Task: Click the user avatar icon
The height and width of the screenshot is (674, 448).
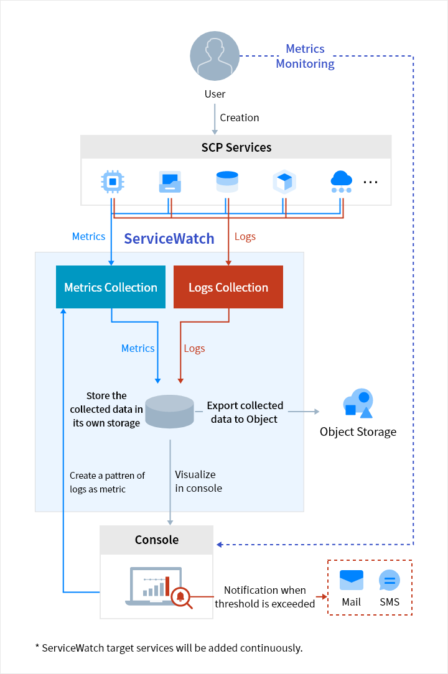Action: click(215, 56)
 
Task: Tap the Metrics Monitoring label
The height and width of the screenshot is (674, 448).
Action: click(305, 56)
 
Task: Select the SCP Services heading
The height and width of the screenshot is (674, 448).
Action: click(236, 147)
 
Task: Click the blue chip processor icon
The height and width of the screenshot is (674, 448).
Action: click(113, 182)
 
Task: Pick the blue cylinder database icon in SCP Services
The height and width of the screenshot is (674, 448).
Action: click(227, 182)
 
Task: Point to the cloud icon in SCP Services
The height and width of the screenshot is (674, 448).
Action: click(342, 181)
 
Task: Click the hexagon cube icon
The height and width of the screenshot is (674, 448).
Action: click(284, 182)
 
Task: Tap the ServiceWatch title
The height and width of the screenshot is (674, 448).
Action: click(169, 239)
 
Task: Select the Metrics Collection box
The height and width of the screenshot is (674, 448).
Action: click(111, 287)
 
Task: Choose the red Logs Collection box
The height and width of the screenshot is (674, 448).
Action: click(228, 287)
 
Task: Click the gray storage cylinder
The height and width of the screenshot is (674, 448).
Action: click(169, 411)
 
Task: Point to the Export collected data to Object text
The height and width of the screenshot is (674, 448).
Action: click(245, 412)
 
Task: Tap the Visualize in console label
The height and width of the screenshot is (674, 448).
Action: click(198, 481)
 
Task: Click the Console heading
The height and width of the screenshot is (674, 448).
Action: click(157, 540)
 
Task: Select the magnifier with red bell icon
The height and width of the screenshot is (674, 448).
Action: click(181, 598)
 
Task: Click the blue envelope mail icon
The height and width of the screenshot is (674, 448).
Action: click(352, 580)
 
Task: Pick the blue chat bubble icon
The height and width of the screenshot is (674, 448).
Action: click(390, 581)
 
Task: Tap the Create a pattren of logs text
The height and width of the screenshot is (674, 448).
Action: click(107, 482)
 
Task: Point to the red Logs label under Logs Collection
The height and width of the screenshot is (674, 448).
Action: click(194, 348)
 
